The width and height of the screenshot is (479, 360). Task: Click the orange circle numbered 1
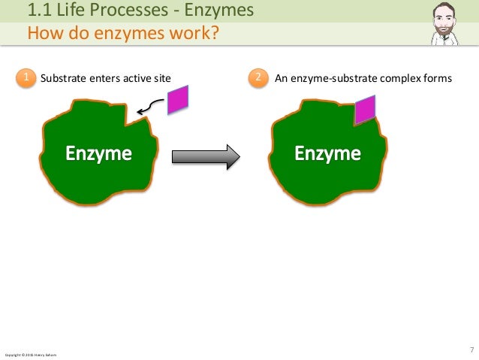(x=26, y=77)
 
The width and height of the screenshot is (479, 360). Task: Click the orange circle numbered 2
(x=258, y=77)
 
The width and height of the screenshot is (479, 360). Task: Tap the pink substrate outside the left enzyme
(x=178, y=99)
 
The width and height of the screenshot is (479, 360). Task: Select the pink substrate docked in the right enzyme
(x=365, y=110)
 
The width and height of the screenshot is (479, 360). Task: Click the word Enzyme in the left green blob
(x=98, y=155)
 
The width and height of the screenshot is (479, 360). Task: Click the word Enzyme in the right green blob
(x=327, y=155)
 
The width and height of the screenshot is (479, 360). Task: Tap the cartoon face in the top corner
(x=449, y=23)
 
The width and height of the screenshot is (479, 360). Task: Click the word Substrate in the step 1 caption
(x=62, y=77)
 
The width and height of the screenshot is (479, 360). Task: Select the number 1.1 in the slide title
(x=38, y=11)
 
